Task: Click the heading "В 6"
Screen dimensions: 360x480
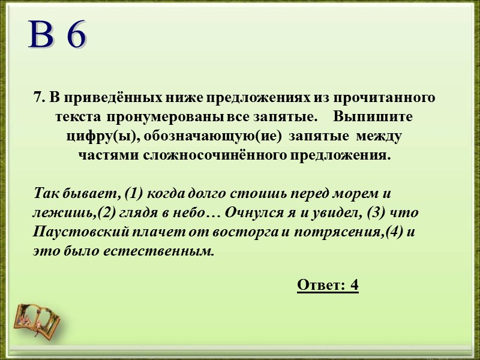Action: pyautogui.click(x=58, y=36)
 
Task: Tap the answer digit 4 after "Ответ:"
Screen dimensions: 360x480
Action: pyautogui.click(x=354, y=285)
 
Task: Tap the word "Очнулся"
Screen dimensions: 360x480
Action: pyautogui.click(x=251, y=213)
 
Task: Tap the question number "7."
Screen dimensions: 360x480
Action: pyautogui.click(x=40, y=97)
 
